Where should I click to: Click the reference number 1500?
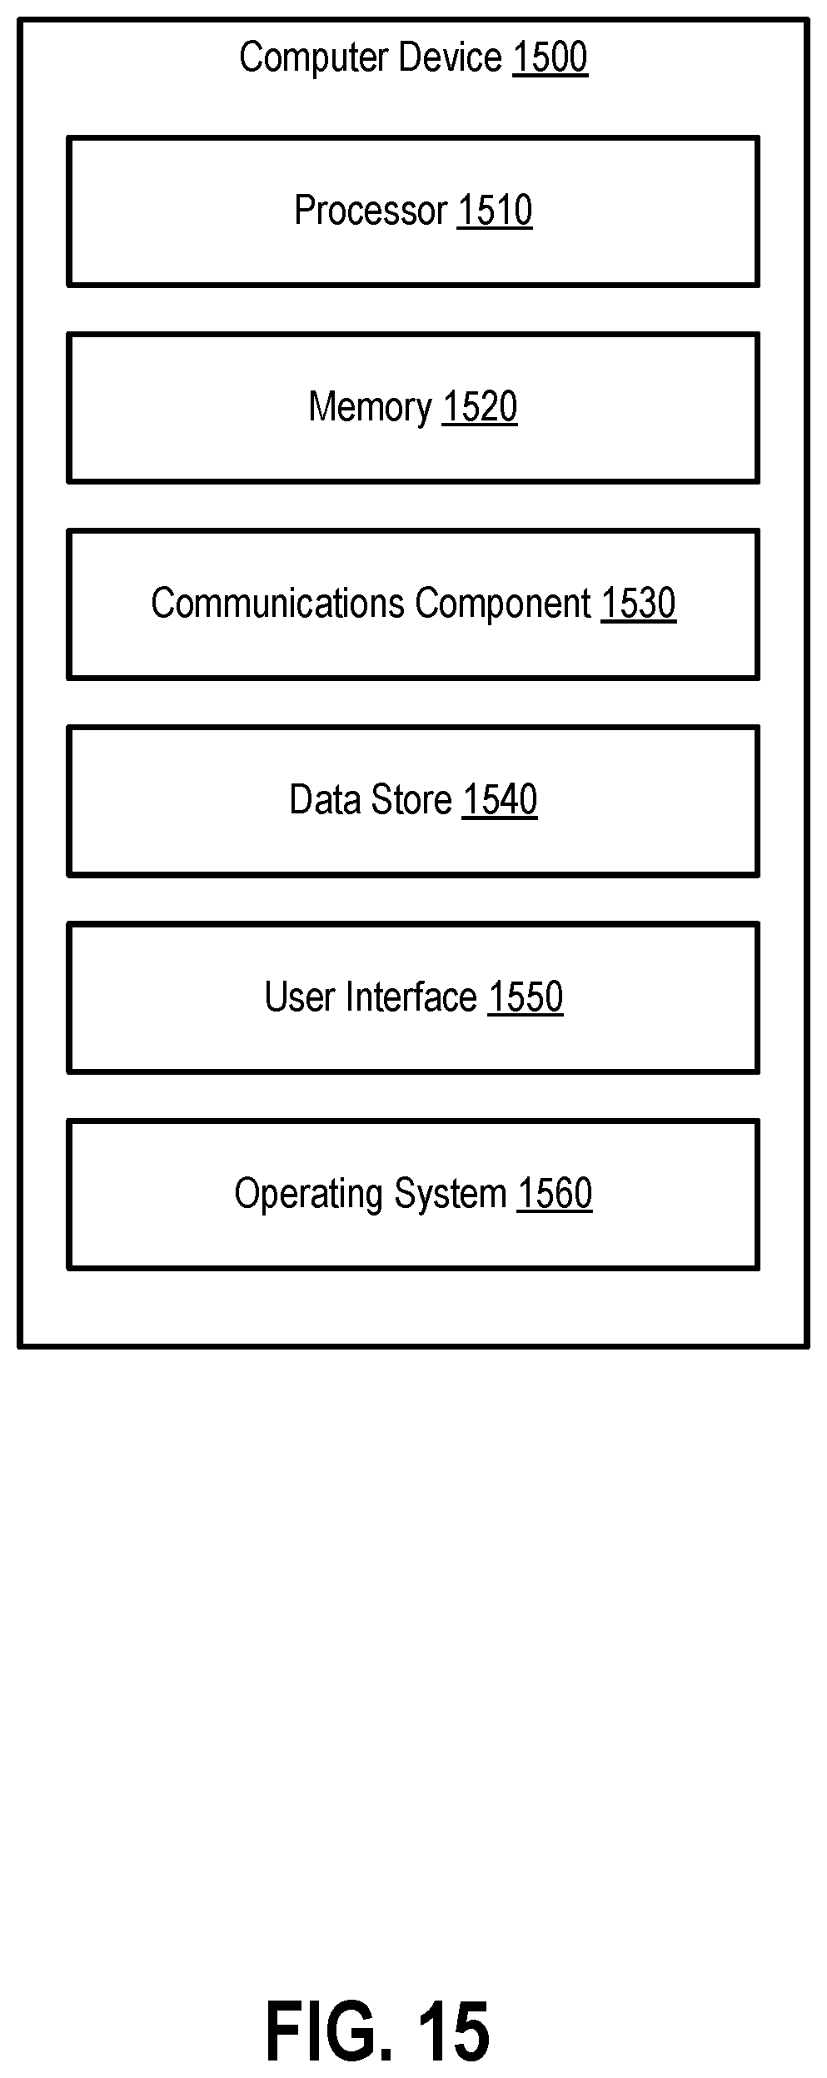tap(550, 57)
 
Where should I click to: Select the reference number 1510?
tap(495, 210)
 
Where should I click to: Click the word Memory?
tap(371, 407)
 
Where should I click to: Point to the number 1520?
tap(480, 407)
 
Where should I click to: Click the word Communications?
tap(278, 603)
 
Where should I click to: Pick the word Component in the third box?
tap(503, 604)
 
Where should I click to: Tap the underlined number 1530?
tap(639, 603)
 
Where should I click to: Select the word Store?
tap(411, 800)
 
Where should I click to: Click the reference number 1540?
tap(500, 800)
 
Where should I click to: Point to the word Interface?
tap(411, 997)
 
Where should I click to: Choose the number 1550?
tap(526, 997)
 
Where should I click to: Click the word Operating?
tap(310, 1195)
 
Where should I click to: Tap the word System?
tap(451, 1195)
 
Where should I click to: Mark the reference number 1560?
tap(555, 1193)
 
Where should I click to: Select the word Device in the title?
tap(451, 57)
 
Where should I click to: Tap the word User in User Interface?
tap(301, 997)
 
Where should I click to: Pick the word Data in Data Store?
tap(326, 800)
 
